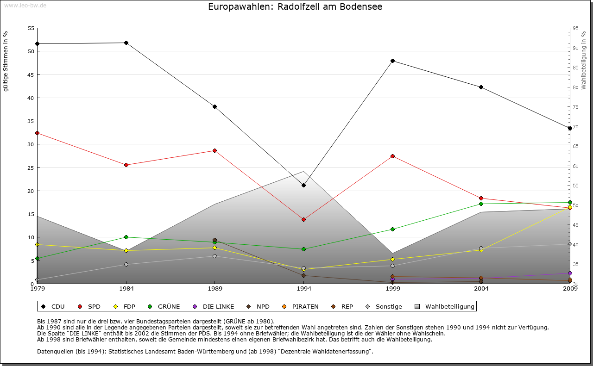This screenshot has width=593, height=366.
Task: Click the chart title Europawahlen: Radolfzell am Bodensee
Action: click(x=295, y=7)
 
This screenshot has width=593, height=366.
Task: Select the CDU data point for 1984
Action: click(x=126, y=43)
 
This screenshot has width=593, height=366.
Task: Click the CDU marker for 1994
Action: click(x=303, y=185)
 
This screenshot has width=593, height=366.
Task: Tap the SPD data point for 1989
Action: click(x=214, y=150)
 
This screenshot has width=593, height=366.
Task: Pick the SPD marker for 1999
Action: click(x=392, y=156)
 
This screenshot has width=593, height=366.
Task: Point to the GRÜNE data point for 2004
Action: click(x=481, y=204)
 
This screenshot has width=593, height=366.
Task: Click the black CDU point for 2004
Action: click(x=481, y=87)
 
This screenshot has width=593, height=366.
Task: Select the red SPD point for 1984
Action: click(x=126, y=165)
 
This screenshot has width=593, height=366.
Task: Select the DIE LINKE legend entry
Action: click(x=214, y=306)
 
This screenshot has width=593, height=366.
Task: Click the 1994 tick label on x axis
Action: click(x=303, y=289)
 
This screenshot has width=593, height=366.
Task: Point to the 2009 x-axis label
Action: click(x=570, y=289)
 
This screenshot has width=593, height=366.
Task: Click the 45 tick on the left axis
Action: click(x=31, y=75)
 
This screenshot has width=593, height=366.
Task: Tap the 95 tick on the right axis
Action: click(x=575, y=28)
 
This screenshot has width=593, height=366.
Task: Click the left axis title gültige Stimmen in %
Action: click(x=6, y=62)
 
